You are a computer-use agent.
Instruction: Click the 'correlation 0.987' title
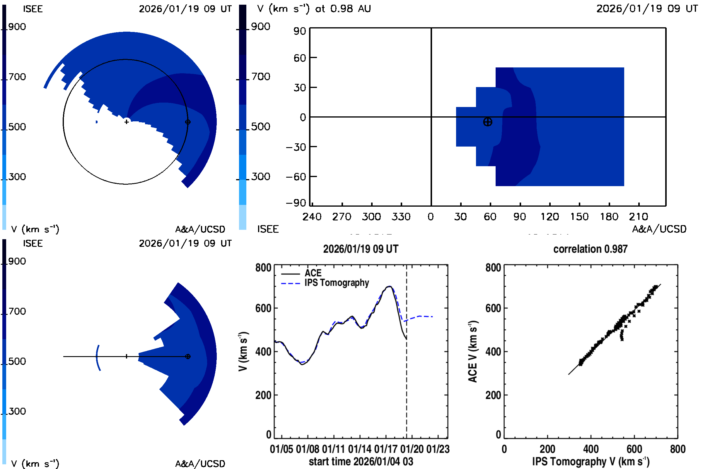point(590,249)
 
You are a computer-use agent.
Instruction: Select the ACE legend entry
point(313,273)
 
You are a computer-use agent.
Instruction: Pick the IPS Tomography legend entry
point(336,283)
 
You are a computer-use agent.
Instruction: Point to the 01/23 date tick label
point(438,449)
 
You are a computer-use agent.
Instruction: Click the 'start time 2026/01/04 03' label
point(361,461)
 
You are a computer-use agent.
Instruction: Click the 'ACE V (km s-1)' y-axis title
point(473,351)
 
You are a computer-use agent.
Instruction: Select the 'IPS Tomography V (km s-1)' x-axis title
point(591,461)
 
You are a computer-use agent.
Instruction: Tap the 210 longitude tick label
point(638,217)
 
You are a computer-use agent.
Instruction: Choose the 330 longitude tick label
point(401,217)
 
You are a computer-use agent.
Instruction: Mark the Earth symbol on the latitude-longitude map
point(487,122)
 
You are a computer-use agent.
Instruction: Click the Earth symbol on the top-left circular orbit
point(188,122)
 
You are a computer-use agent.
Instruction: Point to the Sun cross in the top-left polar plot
point(127,122)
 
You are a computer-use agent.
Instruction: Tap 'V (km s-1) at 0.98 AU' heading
point(314,9)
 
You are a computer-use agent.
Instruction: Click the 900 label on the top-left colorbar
point(17,27)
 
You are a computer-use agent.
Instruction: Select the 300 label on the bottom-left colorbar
point(17,411)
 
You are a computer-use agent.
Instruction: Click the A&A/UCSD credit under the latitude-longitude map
point(659,229)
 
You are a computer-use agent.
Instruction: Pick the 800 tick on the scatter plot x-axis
point(677,449)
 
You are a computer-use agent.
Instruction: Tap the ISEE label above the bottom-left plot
point(33,244)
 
